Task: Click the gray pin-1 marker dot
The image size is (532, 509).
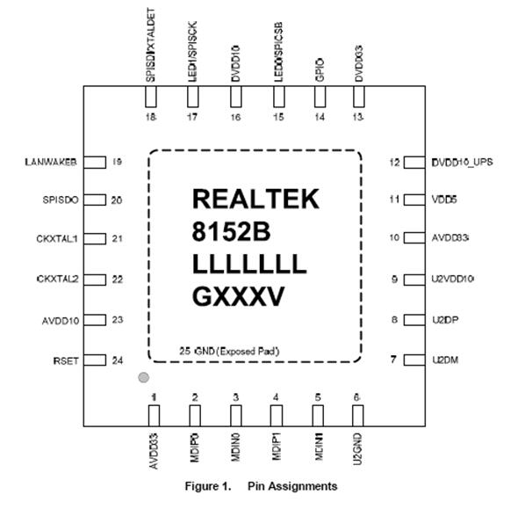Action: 140,379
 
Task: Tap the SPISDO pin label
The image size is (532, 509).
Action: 61,200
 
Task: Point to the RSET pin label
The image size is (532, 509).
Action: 67,360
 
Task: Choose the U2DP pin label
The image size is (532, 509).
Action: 444,320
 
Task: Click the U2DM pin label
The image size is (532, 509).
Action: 444,360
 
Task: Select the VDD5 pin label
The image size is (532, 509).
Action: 444,200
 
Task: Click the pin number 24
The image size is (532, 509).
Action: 117,360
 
